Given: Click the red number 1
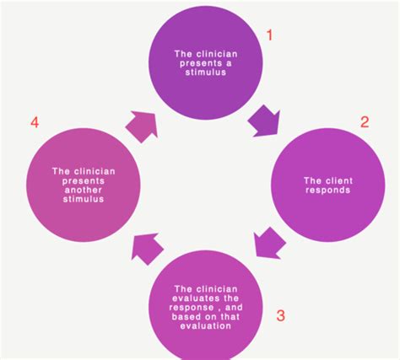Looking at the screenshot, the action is tap(269, 35).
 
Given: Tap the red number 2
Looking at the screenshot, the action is tap(365, 122).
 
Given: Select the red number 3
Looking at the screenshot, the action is tap(280, 315).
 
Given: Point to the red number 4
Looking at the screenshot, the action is tap(35, 123).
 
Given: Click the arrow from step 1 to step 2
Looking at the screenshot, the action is tap(264, 121).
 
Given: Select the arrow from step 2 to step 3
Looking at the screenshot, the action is tap(269, 244).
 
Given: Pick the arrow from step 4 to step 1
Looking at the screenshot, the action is tap(141, 126).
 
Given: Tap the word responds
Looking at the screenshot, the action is tap(328, 191).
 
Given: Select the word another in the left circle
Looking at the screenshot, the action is tap(84, 190).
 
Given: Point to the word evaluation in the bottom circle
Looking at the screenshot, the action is tap(206, 326).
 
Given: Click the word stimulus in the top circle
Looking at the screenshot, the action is tap(206, 73).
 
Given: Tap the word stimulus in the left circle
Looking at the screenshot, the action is tap(84, 199).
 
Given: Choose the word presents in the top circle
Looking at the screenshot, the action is tap(198, 63).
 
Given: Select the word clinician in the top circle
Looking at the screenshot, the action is tap(217, 54).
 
